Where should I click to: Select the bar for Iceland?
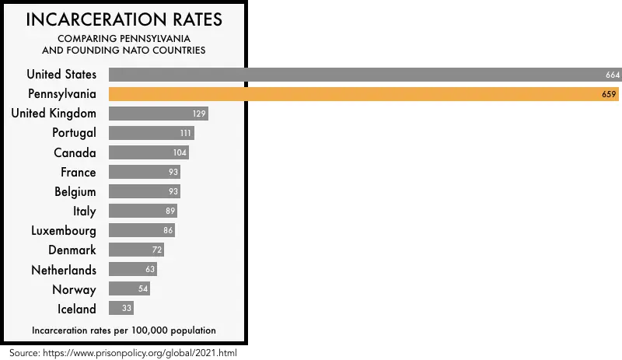click(x=121, y=309)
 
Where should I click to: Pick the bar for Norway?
click(x=129, y=289)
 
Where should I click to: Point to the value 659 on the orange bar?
click(x=610, y=94)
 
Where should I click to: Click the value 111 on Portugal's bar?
click(x=185, y=133)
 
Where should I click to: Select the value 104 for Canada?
click(x=180, y=152)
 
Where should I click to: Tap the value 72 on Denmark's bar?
click(x=156, y=250)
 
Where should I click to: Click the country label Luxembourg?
click(x=64, y=231)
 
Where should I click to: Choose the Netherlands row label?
click(x=64, y=270)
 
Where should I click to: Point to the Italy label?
click(x=84, y=211)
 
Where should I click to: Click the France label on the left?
click(x=79, y=172)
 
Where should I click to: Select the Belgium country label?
click(x=75, y=191)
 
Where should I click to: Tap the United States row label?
click(x=61, y=75)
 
